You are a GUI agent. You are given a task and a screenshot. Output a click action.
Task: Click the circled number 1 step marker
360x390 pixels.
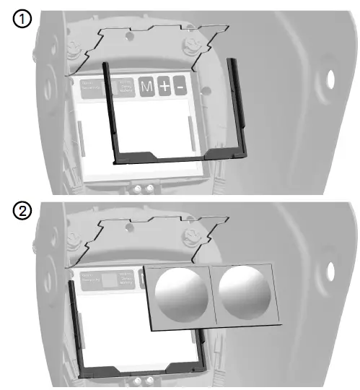pos(22,21)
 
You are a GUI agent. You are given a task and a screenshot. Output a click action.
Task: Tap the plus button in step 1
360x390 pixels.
pos(165,88)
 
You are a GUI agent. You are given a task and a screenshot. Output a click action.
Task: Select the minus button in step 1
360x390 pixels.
pos(180,88)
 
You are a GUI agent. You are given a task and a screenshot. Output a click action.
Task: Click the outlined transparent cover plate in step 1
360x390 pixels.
pos(144,43)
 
